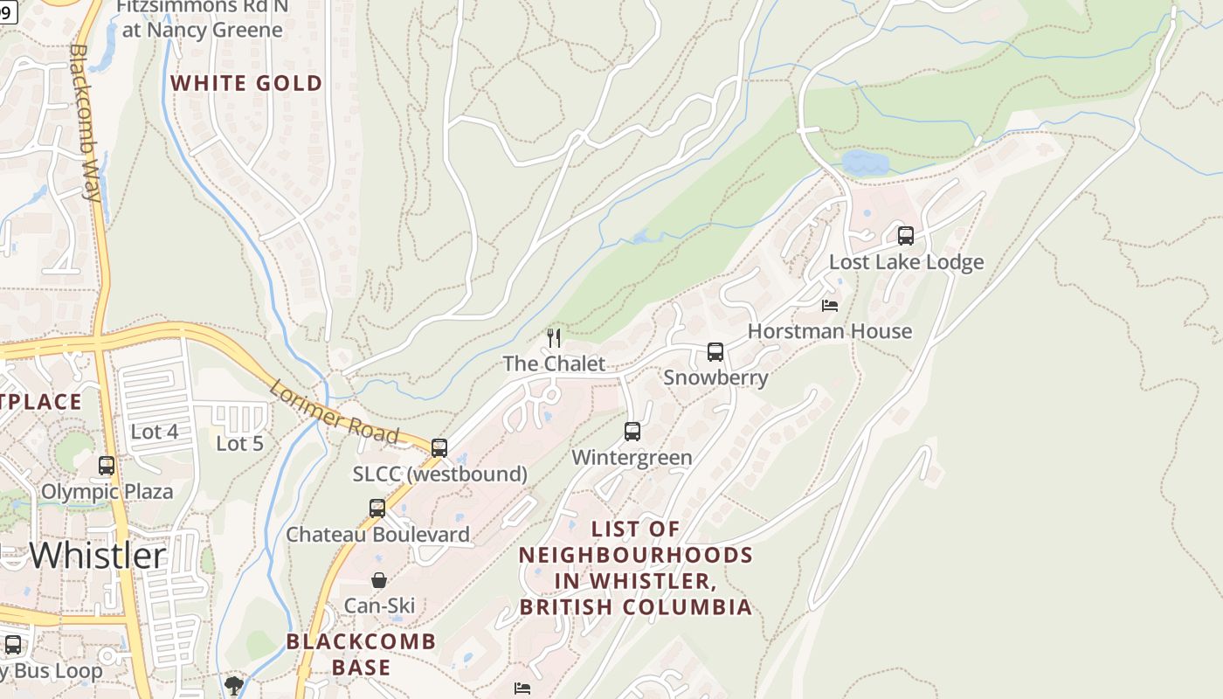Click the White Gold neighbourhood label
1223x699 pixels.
246,84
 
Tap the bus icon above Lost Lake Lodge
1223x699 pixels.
906,235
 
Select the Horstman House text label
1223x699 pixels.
829,331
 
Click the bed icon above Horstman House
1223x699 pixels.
830,305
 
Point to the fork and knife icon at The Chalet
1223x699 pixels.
554,337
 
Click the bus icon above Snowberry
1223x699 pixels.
715,352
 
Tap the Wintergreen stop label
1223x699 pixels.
632,457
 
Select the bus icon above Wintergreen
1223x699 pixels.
632,432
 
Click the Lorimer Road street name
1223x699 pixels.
334,412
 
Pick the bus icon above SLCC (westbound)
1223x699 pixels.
439,448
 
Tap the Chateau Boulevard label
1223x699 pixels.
377,534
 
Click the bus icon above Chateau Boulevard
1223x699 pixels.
377,508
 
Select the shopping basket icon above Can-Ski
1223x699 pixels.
379,580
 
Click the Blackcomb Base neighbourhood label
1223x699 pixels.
362,654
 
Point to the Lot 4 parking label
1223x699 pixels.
154,432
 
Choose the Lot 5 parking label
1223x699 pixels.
239,444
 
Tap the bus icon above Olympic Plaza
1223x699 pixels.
107,466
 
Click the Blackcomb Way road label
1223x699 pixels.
85,122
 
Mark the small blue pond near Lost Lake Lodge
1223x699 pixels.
864,163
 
